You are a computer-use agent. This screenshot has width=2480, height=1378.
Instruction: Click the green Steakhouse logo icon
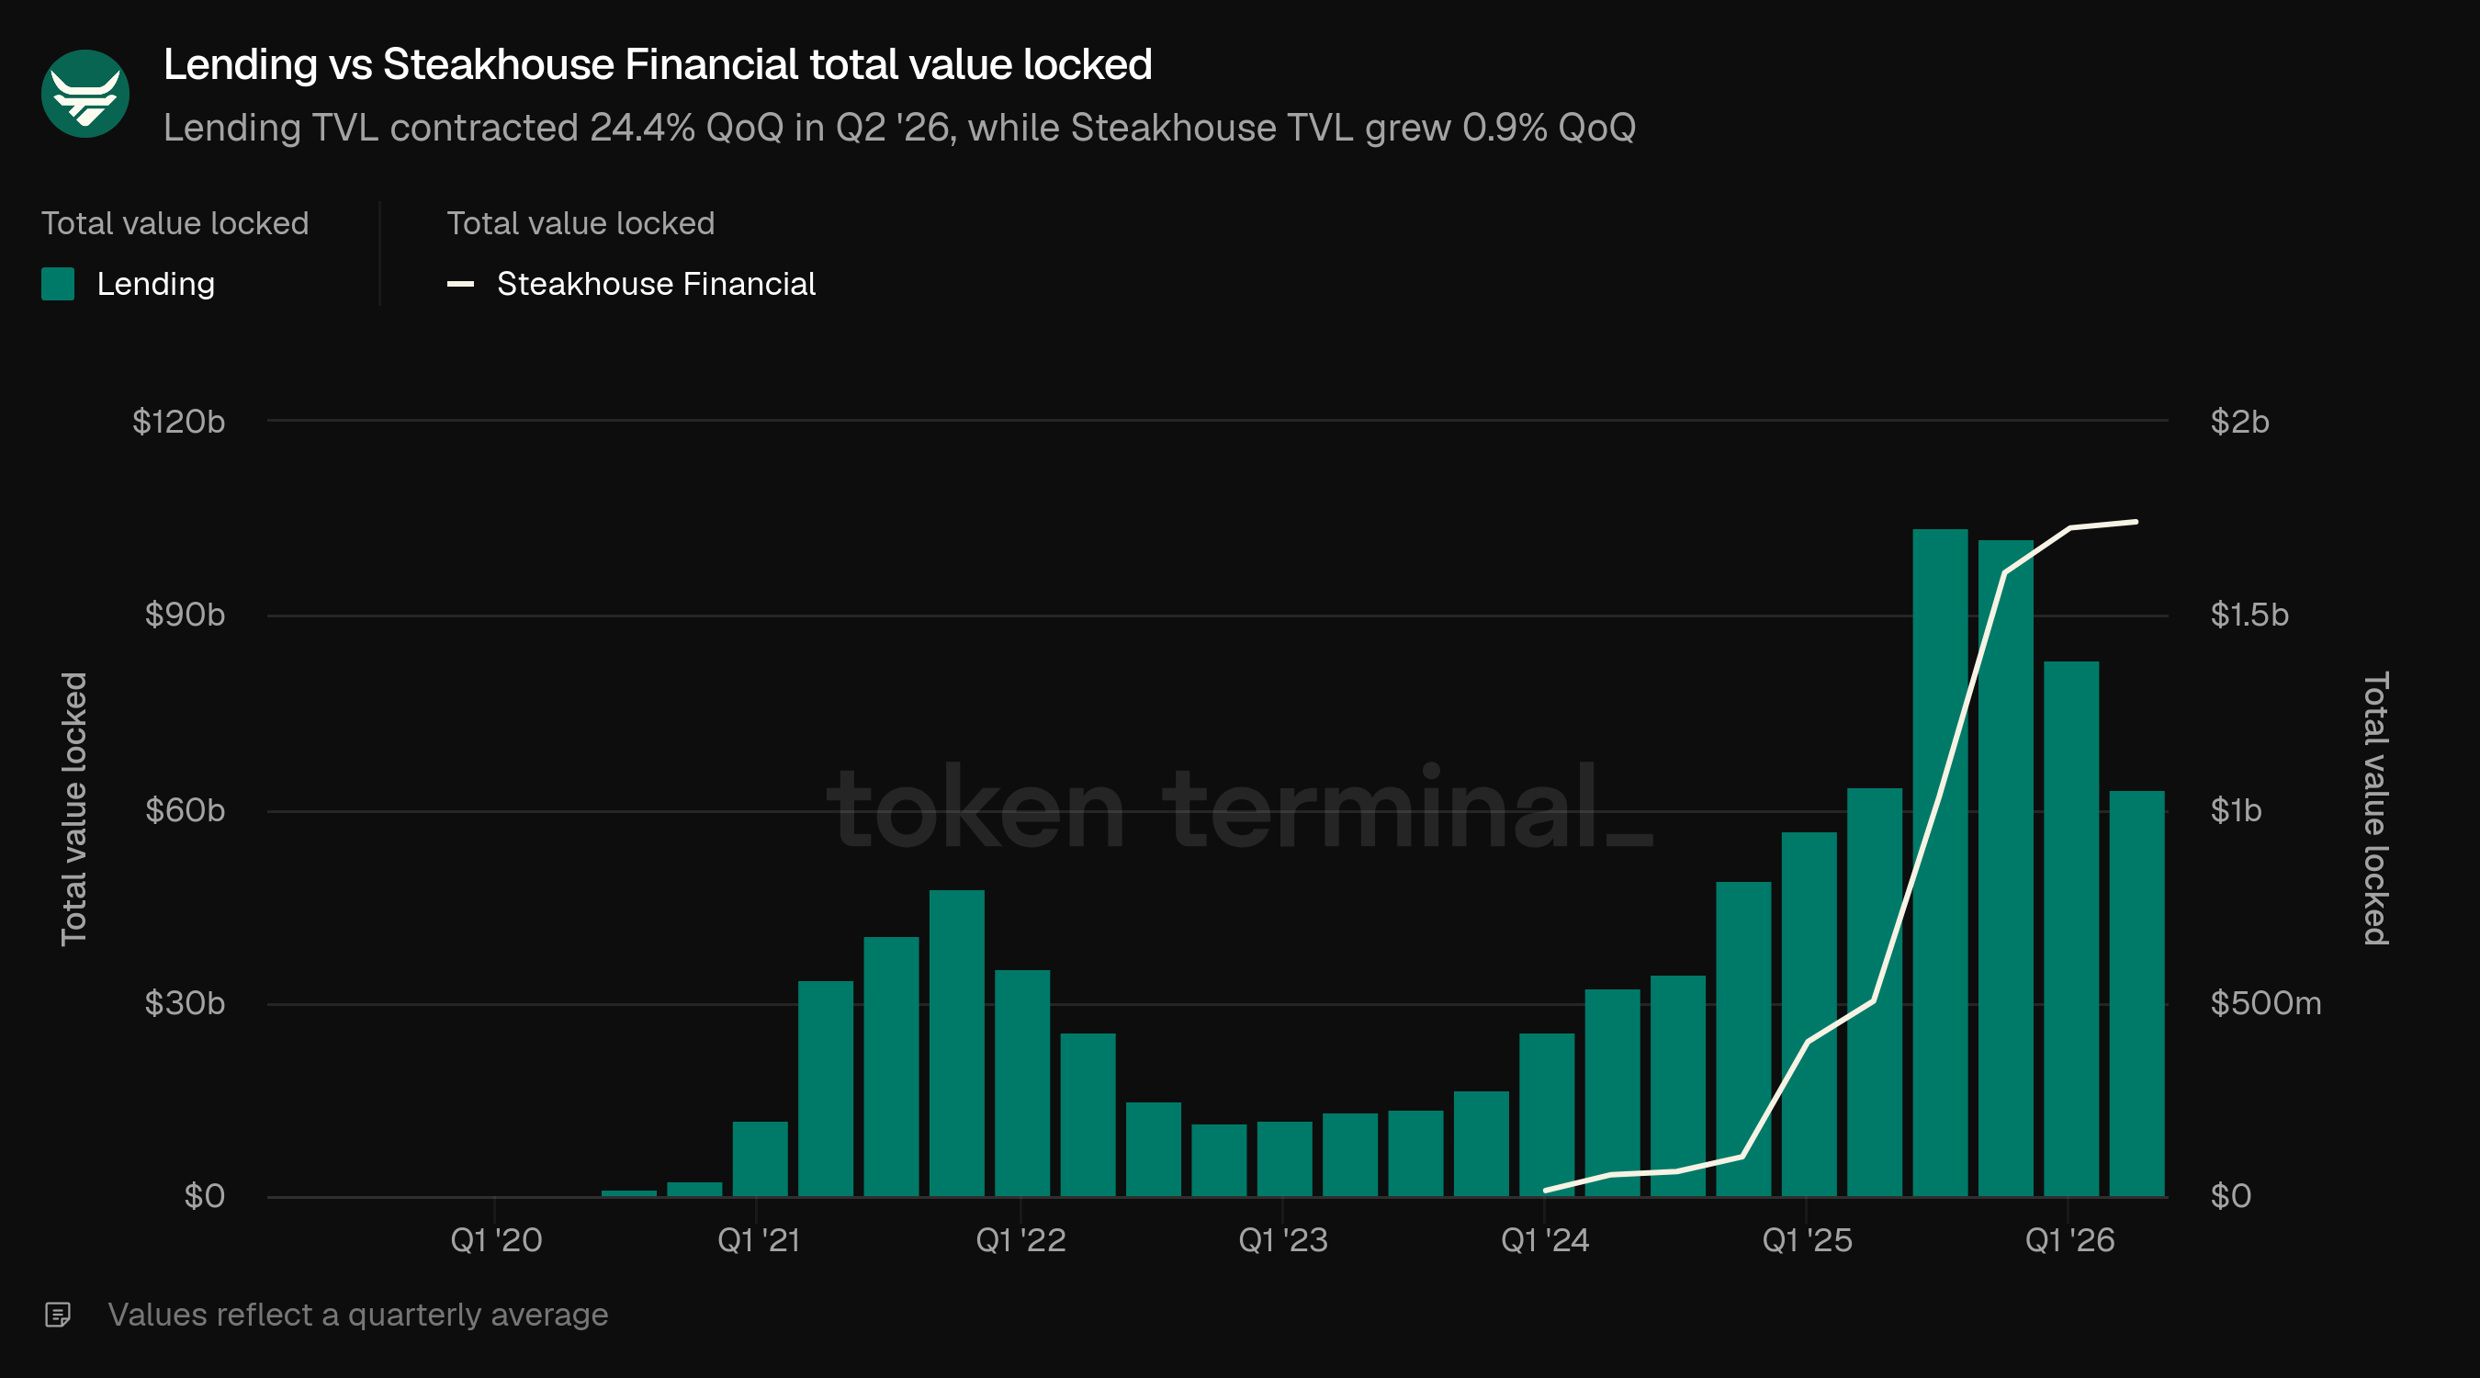tap(85, 94)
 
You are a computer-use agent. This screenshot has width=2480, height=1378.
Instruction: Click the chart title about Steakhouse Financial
tap(658, 64)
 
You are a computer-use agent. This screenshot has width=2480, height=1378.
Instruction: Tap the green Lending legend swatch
tap(58, 284)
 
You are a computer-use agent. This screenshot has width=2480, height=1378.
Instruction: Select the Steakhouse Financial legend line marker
tap(460, 284)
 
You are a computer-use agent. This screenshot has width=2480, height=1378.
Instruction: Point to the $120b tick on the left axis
tap(178, 422)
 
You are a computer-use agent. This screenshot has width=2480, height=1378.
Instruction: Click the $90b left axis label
tap(185, 615)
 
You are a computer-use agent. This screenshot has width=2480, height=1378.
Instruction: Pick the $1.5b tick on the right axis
tap(2249, 615)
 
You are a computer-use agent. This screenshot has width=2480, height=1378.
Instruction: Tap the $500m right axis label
tap(2265, 1003)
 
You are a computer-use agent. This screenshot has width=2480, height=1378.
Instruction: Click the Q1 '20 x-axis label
tap(496, 1240)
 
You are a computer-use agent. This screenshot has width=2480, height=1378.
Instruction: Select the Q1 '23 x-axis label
tap(1282, 1240)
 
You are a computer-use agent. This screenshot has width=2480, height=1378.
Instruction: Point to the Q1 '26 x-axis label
tap(2069, 1240)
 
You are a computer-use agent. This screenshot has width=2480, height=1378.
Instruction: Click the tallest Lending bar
tap(1940, 863)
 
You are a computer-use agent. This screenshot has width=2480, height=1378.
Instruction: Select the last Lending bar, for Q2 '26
tap(2136, 994)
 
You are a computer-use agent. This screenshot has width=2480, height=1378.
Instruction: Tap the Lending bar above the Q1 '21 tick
tap(760, 1159)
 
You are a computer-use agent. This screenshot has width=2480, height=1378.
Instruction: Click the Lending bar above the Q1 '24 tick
tap(1546, 1115)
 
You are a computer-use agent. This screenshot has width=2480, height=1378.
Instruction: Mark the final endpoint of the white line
tap(2136, 522)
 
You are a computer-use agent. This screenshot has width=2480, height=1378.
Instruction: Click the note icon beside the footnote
tap(58, 1315)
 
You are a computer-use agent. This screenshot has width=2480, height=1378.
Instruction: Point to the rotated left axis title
tap(74, 809)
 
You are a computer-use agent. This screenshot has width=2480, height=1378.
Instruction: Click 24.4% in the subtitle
tap(642, 128)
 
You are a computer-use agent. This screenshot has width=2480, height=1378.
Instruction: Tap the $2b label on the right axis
tap(2239, 422)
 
